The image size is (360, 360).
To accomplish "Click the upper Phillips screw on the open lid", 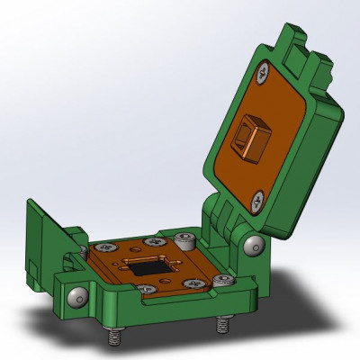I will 264,70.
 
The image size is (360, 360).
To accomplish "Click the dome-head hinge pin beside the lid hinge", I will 254,244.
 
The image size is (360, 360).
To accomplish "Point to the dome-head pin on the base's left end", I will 76,297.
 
